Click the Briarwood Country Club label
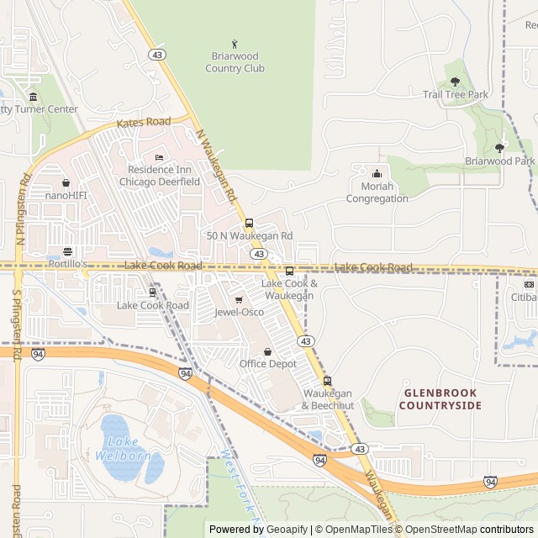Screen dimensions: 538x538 point(235,62)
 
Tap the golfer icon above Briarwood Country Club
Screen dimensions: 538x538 point(235,44)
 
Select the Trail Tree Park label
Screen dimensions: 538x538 point(455,95)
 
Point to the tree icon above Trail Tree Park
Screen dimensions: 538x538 point(455,82)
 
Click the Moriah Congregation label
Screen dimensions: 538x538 point(377,193)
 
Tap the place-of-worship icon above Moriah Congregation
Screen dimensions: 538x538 point(377,173)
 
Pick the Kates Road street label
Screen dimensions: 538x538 point(144,123)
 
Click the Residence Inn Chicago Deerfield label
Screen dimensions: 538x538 point(159,176)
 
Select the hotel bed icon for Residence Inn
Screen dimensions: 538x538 point(159,158)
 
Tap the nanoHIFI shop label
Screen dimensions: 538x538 point(66,196)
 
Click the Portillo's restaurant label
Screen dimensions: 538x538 point(67,264)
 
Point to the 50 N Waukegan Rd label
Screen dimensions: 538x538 point(250,236)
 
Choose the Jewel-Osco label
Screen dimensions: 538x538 point(239,312)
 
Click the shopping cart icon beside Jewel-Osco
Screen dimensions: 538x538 point(239,299)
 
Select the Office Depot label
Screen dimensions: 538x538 point(268,364)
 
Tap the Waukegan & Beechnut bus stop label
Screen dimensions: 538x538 point(328,400)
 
